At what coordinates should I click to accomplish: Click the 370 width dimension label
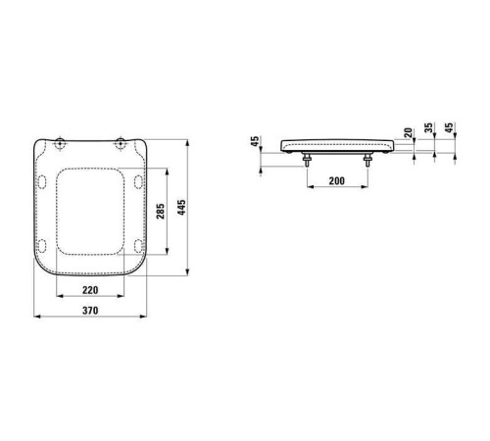pos(90,311)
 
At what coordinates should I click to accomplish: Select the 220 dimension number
pos(90,290)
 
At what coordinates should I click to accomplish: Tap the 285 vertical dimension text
pos(161,211)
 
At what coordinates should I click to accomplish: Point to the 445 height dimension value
pos(181,208)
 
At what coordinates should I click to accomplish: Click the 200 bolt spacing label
pos(337,180)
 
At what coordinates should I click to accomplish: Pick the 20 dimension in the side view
pos(408,132)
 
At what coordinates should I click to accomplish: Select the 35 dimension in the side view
pos(428,127)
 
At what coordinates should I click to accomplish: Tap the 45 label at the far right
pos(449,127)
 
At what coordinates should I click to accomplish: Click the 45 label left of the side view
pos(255,141)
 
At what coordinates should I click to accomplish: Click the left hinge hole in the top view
pos(60,143)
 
